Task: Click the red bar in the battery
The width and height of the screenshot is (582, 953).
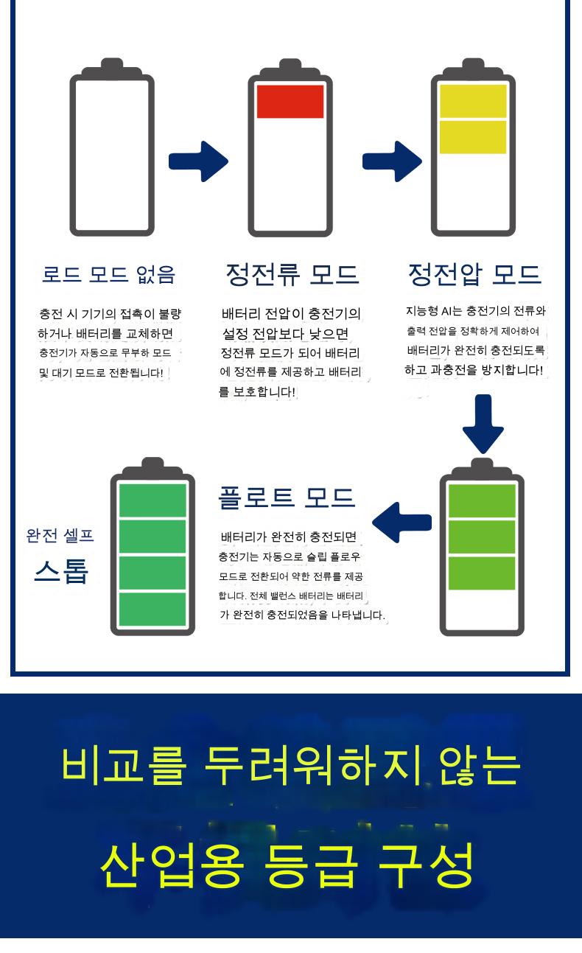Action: (x=290, y=101)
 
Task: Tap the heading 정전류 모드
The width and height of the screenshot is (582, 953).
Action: (x=292, y=274)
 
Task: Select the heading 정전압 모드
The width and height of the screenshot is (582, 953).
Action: (x=474, y=274)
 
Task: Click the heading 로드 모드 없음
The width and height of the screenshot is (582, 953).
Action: (x=109, y=274)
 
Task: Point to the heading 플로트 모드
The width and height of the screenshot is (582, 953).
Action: (x=287, y=498)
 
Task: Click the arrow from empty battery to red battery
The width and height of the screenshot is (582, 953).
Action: (x=198, y=161)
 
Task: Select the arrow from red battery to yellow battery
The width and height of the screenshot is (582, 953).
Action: (x=392, y=161)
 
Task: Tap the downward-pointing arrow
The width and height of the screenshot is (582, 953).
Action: (x=483, y=424)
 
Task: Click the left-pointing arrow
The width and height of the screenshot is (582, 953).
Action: (x=402, y=523)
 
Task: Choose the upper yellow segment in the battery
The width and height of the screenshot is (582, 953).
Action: (x=473, y=101)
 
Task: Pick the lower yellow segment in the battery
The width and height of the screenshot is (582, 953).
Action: (x=473, y=137)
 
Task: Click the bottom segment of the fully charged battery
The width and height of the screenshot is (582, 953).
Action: (x=152, y=610)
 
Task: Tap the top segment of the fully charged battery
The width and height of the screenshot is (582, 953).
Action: (x=152, y=500)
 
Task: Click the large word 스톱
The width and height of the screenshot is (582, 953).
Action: (x=62, y=571)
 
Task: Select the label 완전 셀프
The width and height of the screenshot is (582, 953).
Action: (x=60, y=536)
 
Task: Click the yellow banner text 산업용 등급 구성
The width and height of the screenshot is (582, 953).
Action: (x=287, y=865)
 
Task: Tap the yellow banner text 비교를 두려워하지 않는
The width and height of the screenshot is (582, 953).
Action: (x=291, y=765)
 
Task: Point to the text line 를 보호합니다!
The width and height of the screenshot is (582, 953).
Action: (x=257, y=391)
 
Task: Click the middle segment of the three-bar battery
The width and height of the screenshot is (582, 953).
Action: (x=482, y=537)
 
